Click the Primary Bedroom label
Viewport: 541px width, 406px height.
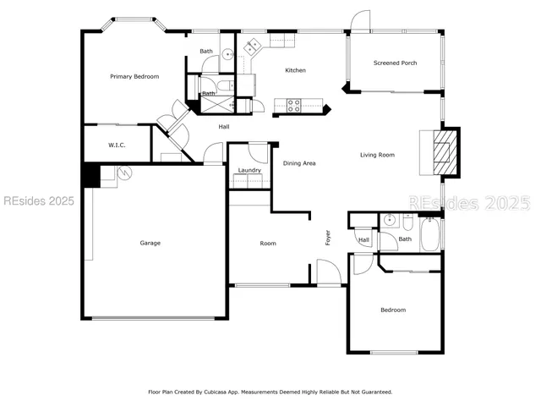pos(134,77)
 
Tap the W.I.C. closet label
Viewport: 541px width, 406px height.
pos(117,145)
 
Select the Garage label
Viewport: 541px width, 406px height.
pos(150,243)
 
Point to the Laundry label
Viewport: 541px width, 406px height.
pos(249,170)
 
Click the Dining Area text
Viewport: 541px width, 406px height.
pos(298,163)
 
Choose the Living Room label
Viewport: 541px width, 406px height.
pos(377,155)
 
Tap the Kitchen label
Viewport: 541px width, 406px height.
pos(295,70)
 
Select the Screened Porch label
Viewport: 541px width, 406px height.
pos(395,63)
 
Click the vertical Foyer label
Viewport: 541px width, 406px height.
pos(329,238)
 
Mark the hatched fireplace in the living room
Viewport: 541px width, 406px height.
pos(440,153)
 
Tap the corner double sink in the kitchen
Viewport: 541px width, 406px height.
pos(251,47)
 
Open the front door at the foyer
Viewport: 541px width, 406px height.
pos(328,272)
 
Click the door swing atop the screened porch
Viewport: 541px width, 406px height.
pos(361,22)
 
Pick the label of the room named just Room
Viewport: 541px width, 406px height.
pos(267,244)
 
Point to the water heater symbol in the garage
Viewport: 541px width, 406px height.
pos(125,173)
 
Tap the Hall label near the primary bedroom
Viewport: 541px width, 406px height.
pos(224,127)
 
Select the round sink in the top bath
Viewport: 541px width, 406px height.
pos(227,57)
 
